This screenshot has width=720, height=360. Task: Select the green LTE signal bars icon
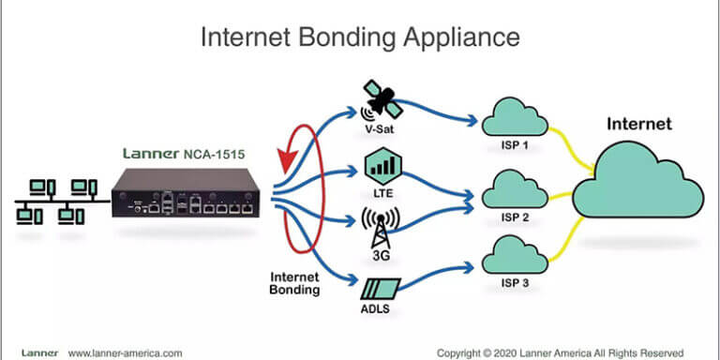click(x=382, y=169)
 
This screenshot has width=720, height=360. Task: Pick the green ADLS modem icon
click(x=381, y=284)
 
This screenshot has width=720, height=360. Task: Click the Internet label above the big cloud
click(x=639, y=123)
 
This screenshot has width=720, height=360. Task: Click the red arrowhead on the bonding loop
click(x=283, y=164)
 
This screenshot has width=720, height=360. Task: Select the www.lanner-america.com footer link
click(x=126, y=352)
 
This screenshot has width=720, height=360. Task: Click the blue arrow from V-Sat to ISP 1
click(x=441, y=112)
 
